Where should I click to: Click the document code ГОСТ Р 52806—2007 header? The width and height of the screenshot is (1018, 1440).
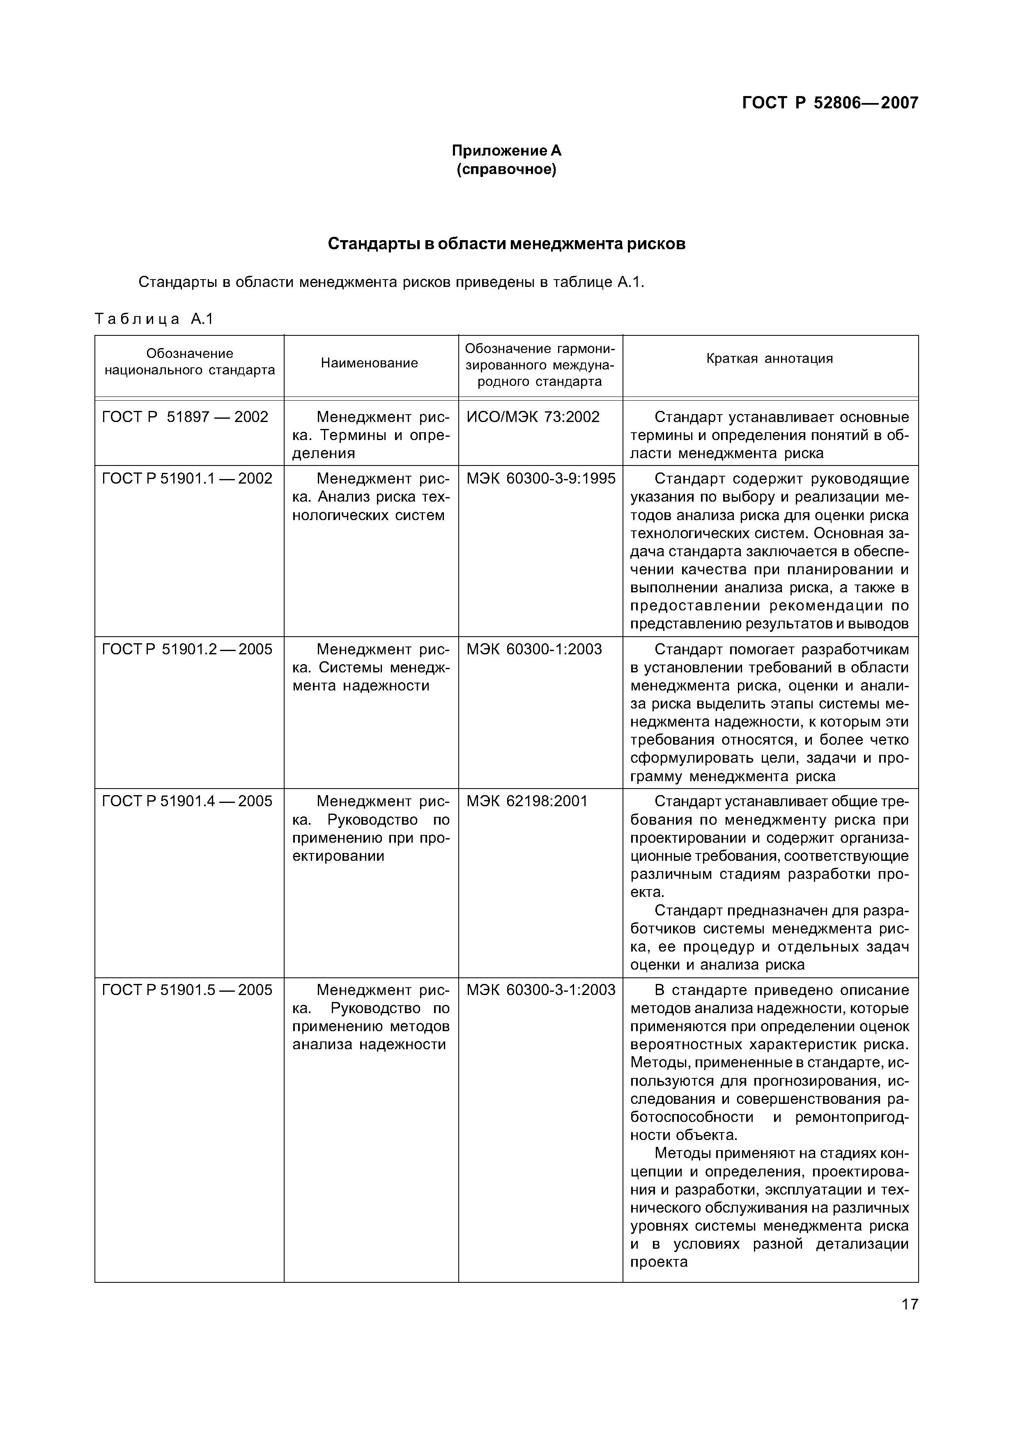pyautogui.click(x=829, y=103)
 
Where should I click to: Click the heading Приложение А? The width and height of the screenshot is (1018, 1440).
pyautogui.click(x=506, y=151)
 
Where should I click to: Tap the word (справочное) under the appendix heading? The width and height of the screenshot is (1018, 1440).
pyautogui.click(x=506, y=170)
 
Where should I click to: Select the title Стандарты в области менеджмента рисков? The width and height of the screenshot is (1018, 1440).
pyautogui.click(x=506, y=244)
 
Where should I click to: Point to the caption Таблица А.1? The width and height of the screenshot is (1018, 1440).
pyautogui.click(x=154, y=319)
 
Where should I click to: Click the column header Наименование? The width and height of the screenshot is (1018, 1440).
pyautogui.click(x=370, y=363)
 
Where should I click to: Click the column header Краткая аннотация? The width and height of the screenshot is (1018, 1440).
pyautogui.click(x=769, y=359)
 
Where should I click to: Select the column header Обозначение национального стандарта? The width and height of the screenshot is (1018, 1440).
pyautogui.click(x=189, y=362)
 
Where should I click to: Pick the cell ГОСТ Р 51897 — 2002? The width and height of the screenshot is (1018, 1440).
pyautogui.click(x=185, y=417)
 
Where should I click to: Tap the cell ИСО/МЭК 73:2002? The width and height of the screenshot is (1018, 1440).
pyautogui.click(x=533, y=417)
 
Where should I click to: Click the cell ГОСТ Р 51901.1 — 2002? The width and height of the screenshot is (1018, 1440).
pyautogui.click(x=187, y=479)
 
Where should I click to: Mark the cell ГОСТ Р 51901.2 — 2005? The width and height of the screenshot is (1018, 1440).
pyautogui.click(x=187, y=649)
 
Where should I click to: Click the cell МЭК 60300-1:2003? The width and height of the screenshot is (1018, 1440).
pyautogui.click(x=534, y=649)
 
